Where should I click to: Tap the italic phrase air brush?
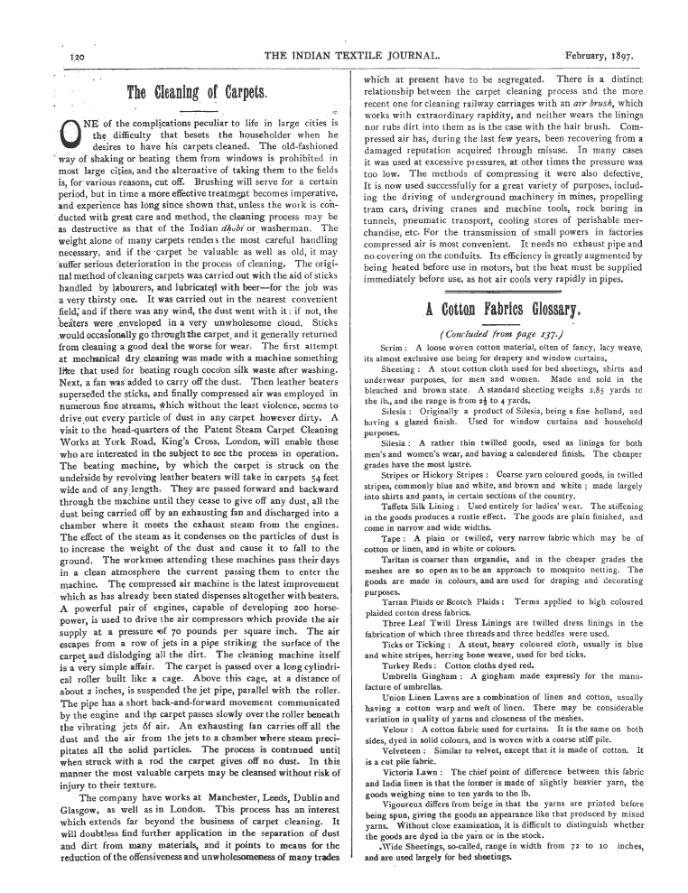click(611, 105)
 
